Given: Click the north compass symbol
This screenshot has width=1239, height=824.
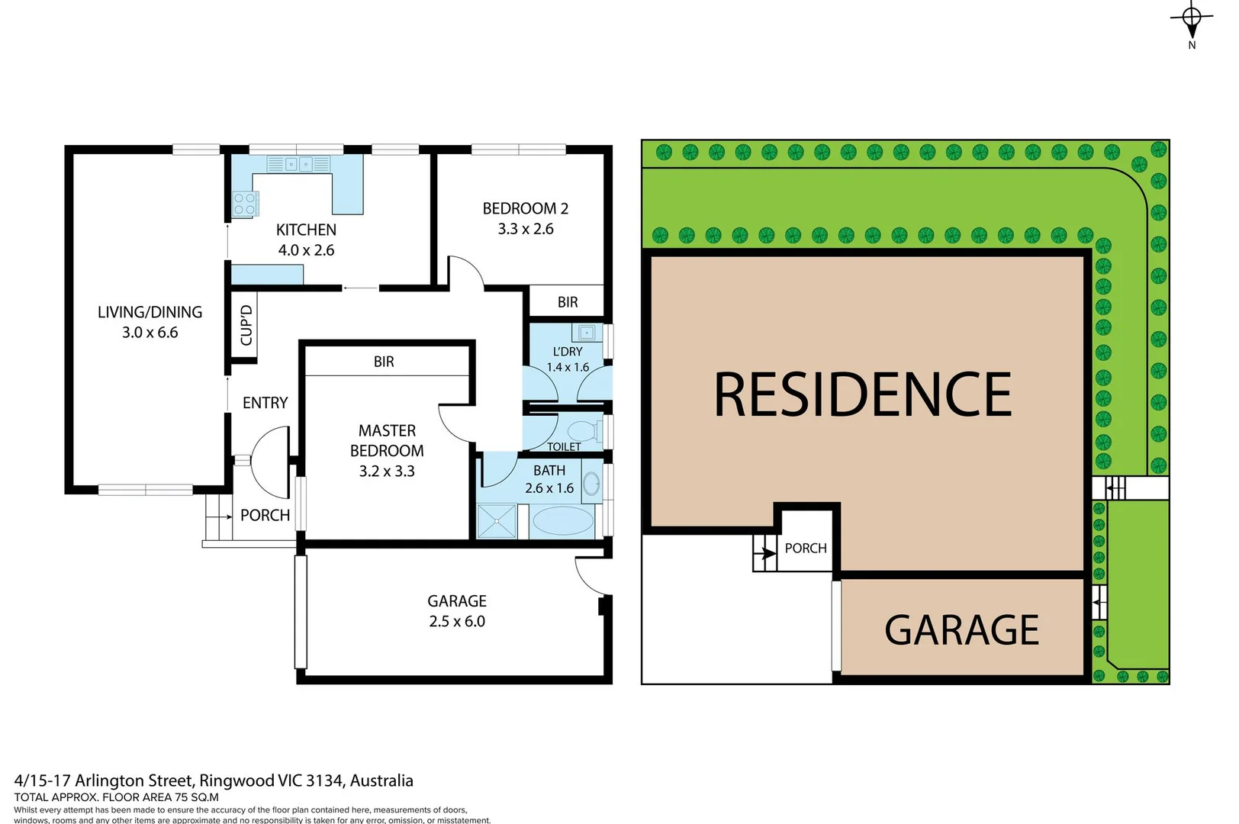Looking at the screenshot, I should tap(1192, 19).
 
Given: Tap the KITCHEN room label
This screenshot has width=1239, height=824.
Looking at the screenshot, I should tap(306, 230).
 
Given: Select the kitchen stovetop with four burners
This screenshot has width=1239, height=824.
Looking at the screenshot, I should tap(245, 204).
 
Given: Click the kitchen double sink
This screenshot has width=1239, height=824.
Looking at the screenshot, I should tap(298, 164).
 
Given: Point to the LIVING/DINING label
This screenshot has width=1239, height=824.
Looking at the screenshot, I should tap(150, 312).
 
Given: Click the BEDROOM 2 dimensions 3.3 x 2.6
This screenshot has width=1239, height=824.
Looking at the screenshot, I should tap(526, 229).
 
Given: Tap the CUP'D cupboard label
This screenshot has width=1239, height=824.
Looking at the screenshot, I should tap(246, 326).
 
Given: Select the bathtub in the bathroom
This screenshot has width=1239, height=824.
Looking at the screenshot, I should tap(562, 522).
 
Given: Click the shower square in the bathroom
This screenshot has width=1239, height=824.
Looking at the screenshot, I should tap(497, 522).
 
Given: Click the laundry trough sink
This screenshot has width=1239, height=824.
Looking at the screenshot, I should tap(586, 333).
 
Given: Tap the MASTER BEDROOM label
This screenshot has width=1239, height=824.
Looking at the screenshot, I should tap(387, 441).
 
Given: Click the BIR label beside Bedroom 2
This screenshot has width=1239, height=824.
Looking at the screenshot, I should tap(568, 302).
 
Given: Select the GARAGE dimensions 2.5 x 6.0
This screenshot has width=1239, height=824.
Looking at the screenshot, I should tap(457, 621).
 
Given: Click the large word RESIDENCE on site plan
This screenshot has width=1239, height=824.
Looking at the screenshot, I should tap(862, 394).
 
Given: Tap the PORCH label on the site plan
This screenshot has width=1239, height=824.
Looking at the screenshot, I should tap(806, 549).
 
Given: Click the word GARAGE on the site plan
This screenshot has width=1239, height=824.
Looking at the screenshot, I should tap(961, 630).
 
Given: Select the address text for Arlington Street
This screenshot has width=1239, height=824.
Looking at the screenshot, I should tap(214, 781).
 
